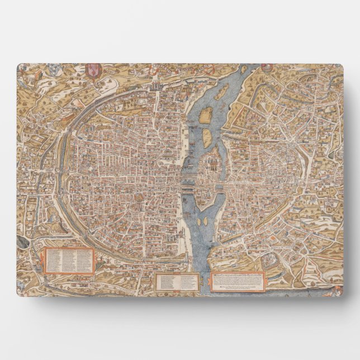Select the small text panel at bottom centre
[x=176, y=281]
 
